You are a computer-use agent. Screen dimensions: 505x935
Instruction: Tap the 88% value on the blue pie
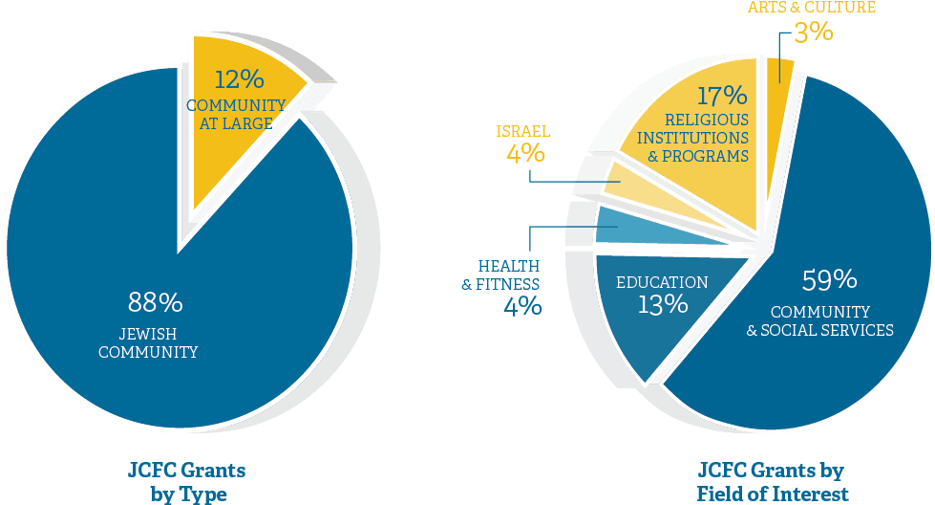pyautogui.click(x=155, y=303)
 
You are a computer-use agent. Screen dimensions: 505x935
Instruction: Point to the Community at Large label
pyautogui.click(x=236, y=114)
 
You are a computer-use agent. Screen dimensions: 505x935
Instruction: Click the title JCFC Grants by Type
pyautogui.click(x=188, y=481)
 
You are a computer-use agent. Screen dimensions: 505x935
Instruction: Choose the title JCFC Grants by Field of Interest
pyautogui.click(x=772, y=481)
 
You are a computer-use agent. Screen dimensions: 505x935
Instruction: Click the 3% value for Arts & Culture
pyautogui.click(x=814, y=33)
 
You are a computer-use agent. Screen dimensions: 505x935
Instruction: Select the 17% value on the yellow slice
pyautogui.click(x=721, y=96)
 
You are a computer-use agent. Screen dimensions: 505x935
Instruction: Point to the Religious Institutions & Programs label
pyautogui.click(x=707, y=138)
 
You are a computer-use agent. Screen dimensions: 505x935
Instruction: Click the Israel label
pyautogui.click(x=522, y=131)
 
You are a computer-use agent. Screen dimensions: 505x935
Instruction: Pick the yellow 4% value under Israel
pyautogui.click(x=525, y=153)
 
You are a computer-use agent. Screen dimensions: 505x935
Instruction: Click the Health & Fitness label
pyautogui.click(x=501, y=274)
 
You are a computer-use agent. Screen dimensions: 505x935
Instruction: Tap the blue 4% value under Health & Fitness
pyautogui.click(x=522, y=306)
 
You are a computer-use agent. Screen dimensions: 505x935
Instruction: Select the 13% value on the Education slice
pyautogui.click(x=663, y=305)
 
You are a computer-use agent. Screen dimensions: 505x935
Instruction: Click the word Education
pyautogui.click(x=662, y=283)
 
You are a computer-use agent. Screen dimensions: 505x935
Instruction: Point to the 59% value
pyautogui.click(x=829, y=281)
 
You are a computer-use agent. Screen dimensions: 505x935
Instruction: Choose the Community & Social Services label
pyautogui.click(x=820, y=321)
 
